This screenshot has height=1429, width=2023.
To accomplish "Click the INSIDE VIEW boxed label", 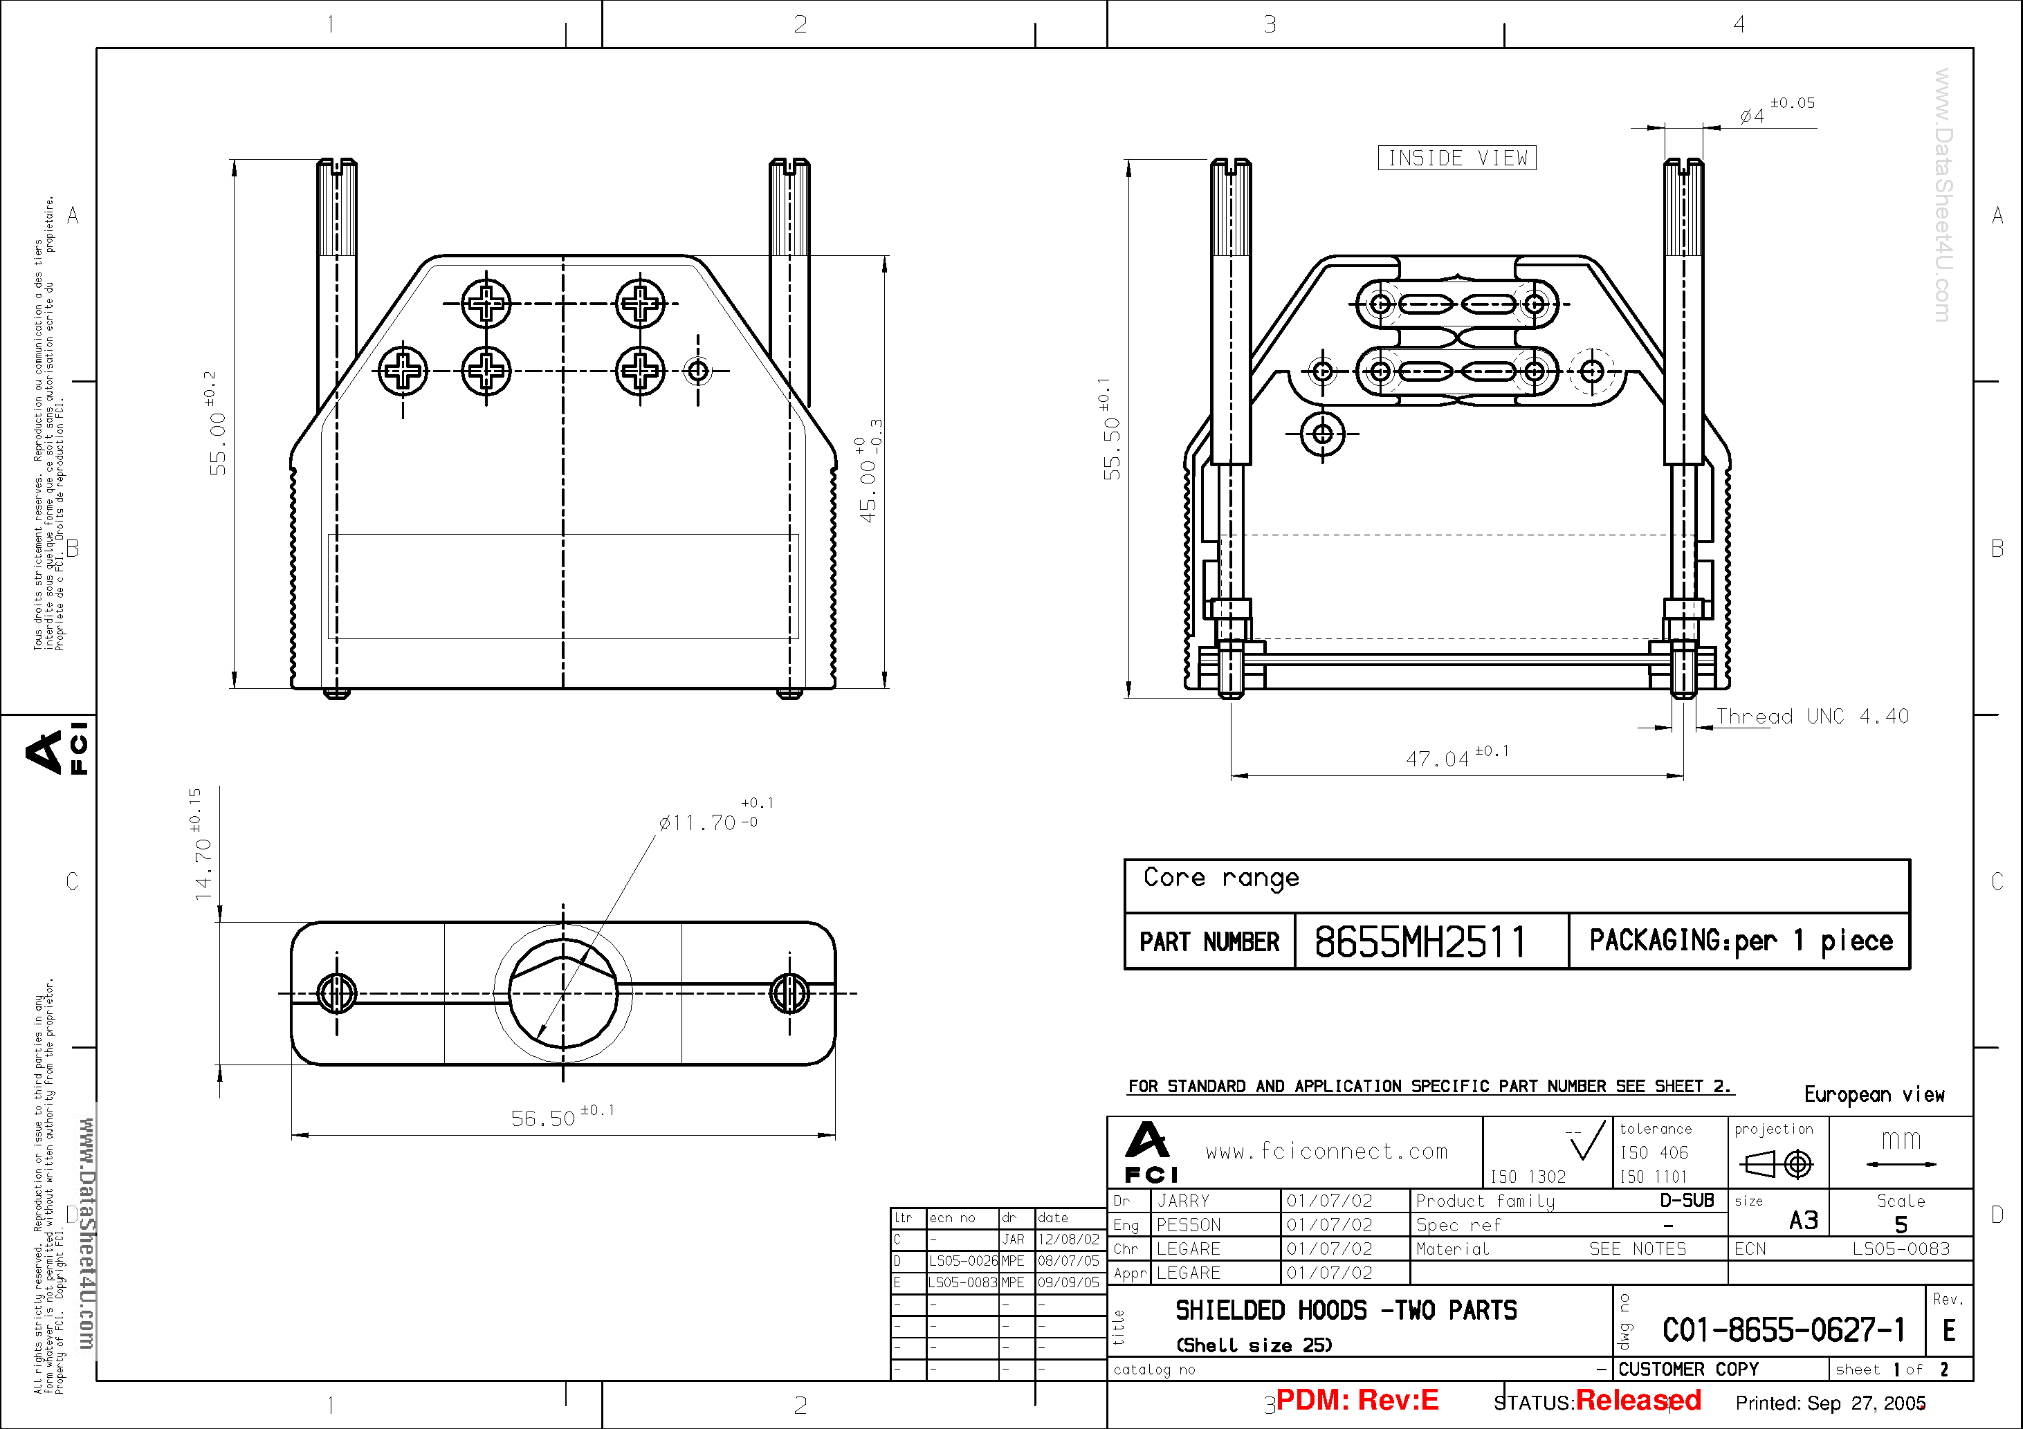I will [x=1456, y=158].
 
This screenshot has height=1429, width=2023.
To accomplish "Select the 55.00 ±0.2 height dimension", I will [x=217, y=436].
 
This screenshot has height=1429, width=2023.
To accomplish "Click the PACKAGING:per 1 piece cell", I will [x=1740, y=941].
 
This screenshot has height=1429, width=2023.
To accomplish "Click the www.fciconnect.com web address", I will [x=1326, y=1150].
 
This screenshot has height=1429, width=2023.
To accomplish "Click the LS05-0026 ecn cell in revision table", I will [x=962, y=1261].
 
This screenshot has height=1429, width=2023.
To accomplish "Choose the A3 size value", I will [x=1803, y=1220].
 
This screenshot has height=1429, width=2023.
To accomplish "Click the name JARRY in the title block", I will [x=1182, y=1201].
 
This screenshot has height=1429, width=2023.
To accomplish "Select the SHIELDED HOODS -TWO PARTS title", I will [x=1346, y=1311].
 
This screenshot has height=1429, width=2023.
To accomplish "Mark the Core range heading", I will [x=1220, y=878].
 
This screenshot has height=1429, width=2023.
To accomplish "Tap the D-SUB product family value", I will [x=1687, y=1200].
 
